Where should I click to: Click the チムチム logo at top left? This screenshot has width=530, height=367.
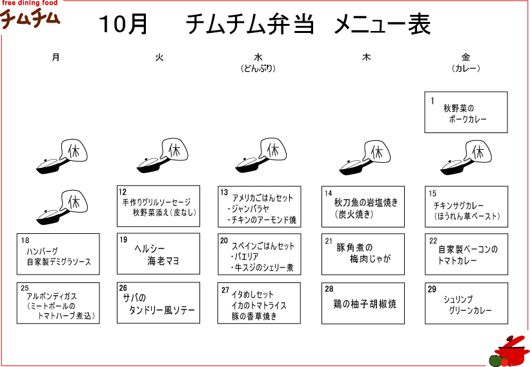tap(30, 17)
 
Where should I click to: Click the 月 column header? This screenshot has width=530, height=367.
tap(56, 58)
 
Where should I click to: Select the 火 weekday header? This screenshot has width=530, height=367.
tap(159, 58)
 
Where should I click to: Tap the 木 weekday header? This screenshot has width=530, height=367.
tap(367, 58)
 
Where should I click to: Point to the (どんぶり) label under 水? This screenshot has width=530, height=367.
tap(258, 68)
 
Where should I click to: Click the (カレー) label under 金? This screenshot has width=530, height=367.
tap(466, 68)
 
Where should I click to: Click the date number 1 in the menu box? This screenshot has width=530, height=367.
tap(433, 101)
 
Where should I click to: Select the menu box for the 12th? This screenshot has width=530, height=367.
tap(158, 206)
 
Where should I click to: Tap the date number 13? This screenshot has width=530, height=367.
tap(225, 192)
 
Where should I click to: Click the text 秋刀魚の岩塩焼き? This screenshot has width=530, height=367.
tap(366, 202)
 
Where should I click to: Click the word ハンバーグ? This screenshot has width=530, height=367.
tap(43, 251)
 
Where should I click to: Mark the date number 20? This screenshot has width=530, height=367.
tap(225, 240)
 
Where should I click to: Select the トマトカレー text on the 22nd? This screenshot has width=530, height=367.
tap(457, 260)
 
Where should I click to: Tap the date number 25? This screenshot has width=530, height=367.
tap(25, 288)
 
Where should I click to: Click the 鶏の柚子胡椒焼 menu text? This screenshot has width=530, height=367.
tap(364, 304)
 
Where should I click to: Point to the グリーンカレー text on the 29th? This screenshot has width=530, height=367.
tap(470, 311)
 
